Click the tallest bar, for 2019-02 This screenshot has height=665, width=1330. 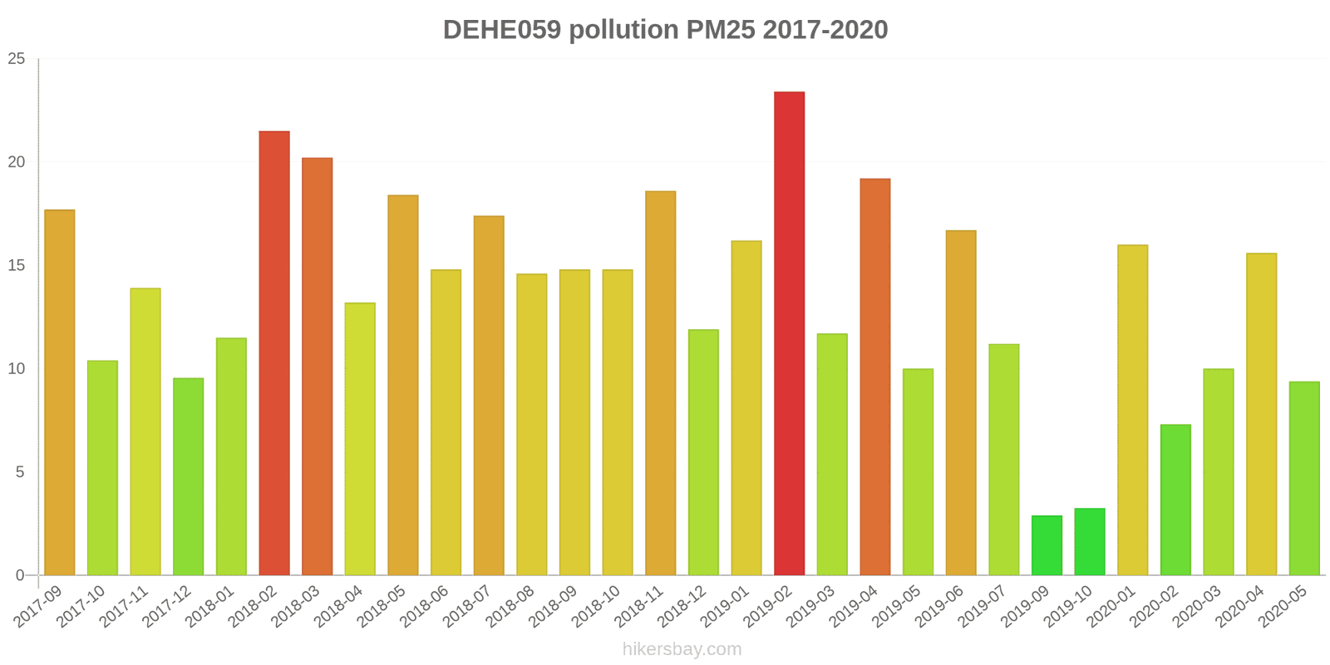789,333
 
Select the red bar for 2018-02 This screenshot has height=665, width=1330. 274,353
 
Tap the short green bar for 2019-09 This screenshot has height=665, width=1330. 1047,545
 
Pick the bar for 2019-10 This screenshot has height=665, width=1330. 1090,542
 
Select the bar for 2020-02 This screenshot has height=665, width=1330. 1175,500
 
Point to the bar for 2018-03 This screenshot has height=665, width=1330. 318,367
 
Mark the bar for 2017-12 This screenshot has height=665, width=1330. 189,476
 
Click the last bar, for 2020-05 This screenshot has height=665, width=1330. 1304,478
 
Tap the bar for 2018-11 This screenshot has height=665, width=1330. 661,383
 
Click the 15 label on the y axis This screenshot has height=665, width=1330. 17,266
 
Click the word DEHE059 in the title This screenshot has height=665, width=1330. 502,30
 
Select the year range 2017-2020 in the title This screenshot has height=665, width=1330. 825,30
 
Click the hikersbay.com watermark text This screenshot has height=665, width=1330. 682,649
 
